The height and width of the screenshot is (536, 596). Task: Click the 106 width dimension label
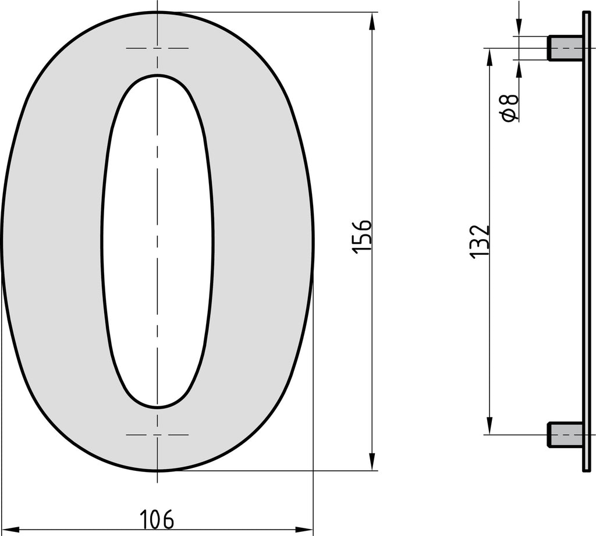157,519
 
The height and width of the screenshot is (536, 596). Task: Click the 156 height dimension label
361,236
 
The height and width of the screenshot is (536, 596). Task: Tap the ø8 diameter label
510,108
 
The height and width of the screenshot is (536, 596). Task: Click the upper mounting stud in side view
565,48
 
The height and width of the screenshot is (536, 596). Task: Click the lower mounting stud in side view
565,434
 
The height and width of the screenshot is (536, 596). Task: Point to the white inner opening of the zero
157,242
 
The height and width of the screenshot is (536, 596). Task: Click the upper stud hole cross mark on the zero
157,48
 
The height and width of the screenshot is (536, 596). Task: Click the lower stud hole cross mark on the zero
157,435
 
